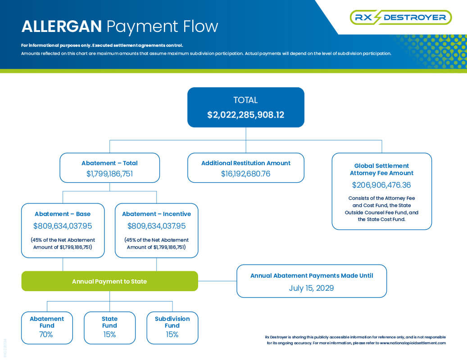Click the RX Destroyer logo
(401, 17)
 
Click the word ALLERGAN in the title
(62, 26)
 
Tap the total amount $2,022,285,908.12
(246, 115)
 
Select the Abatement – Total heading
(109, 163)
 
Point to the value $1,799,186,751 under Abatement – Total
(109, 174)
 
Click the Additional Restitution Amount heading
(246, 163)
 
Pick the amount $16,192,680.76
(246, 174)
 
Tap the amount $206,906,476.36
(381, 185)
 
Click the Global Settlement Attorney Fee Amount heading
(381, 169)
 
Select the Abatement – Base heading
(63, 214)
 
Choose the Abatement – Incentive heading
(156, 214)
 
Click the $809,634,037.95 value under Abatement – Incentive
(156, 226)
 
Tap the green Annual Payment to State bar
(109, 281)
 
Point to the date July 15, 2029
(312, 288)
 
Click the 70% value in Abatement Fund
(46, 334)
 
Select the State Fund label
(109, 322)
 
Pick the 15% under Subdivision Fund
(172, 334)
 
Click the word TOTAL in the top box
(245, 100)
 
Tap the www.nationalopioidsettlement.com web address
(413, 343)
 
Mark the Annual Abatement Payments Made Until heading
(312, 275)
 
